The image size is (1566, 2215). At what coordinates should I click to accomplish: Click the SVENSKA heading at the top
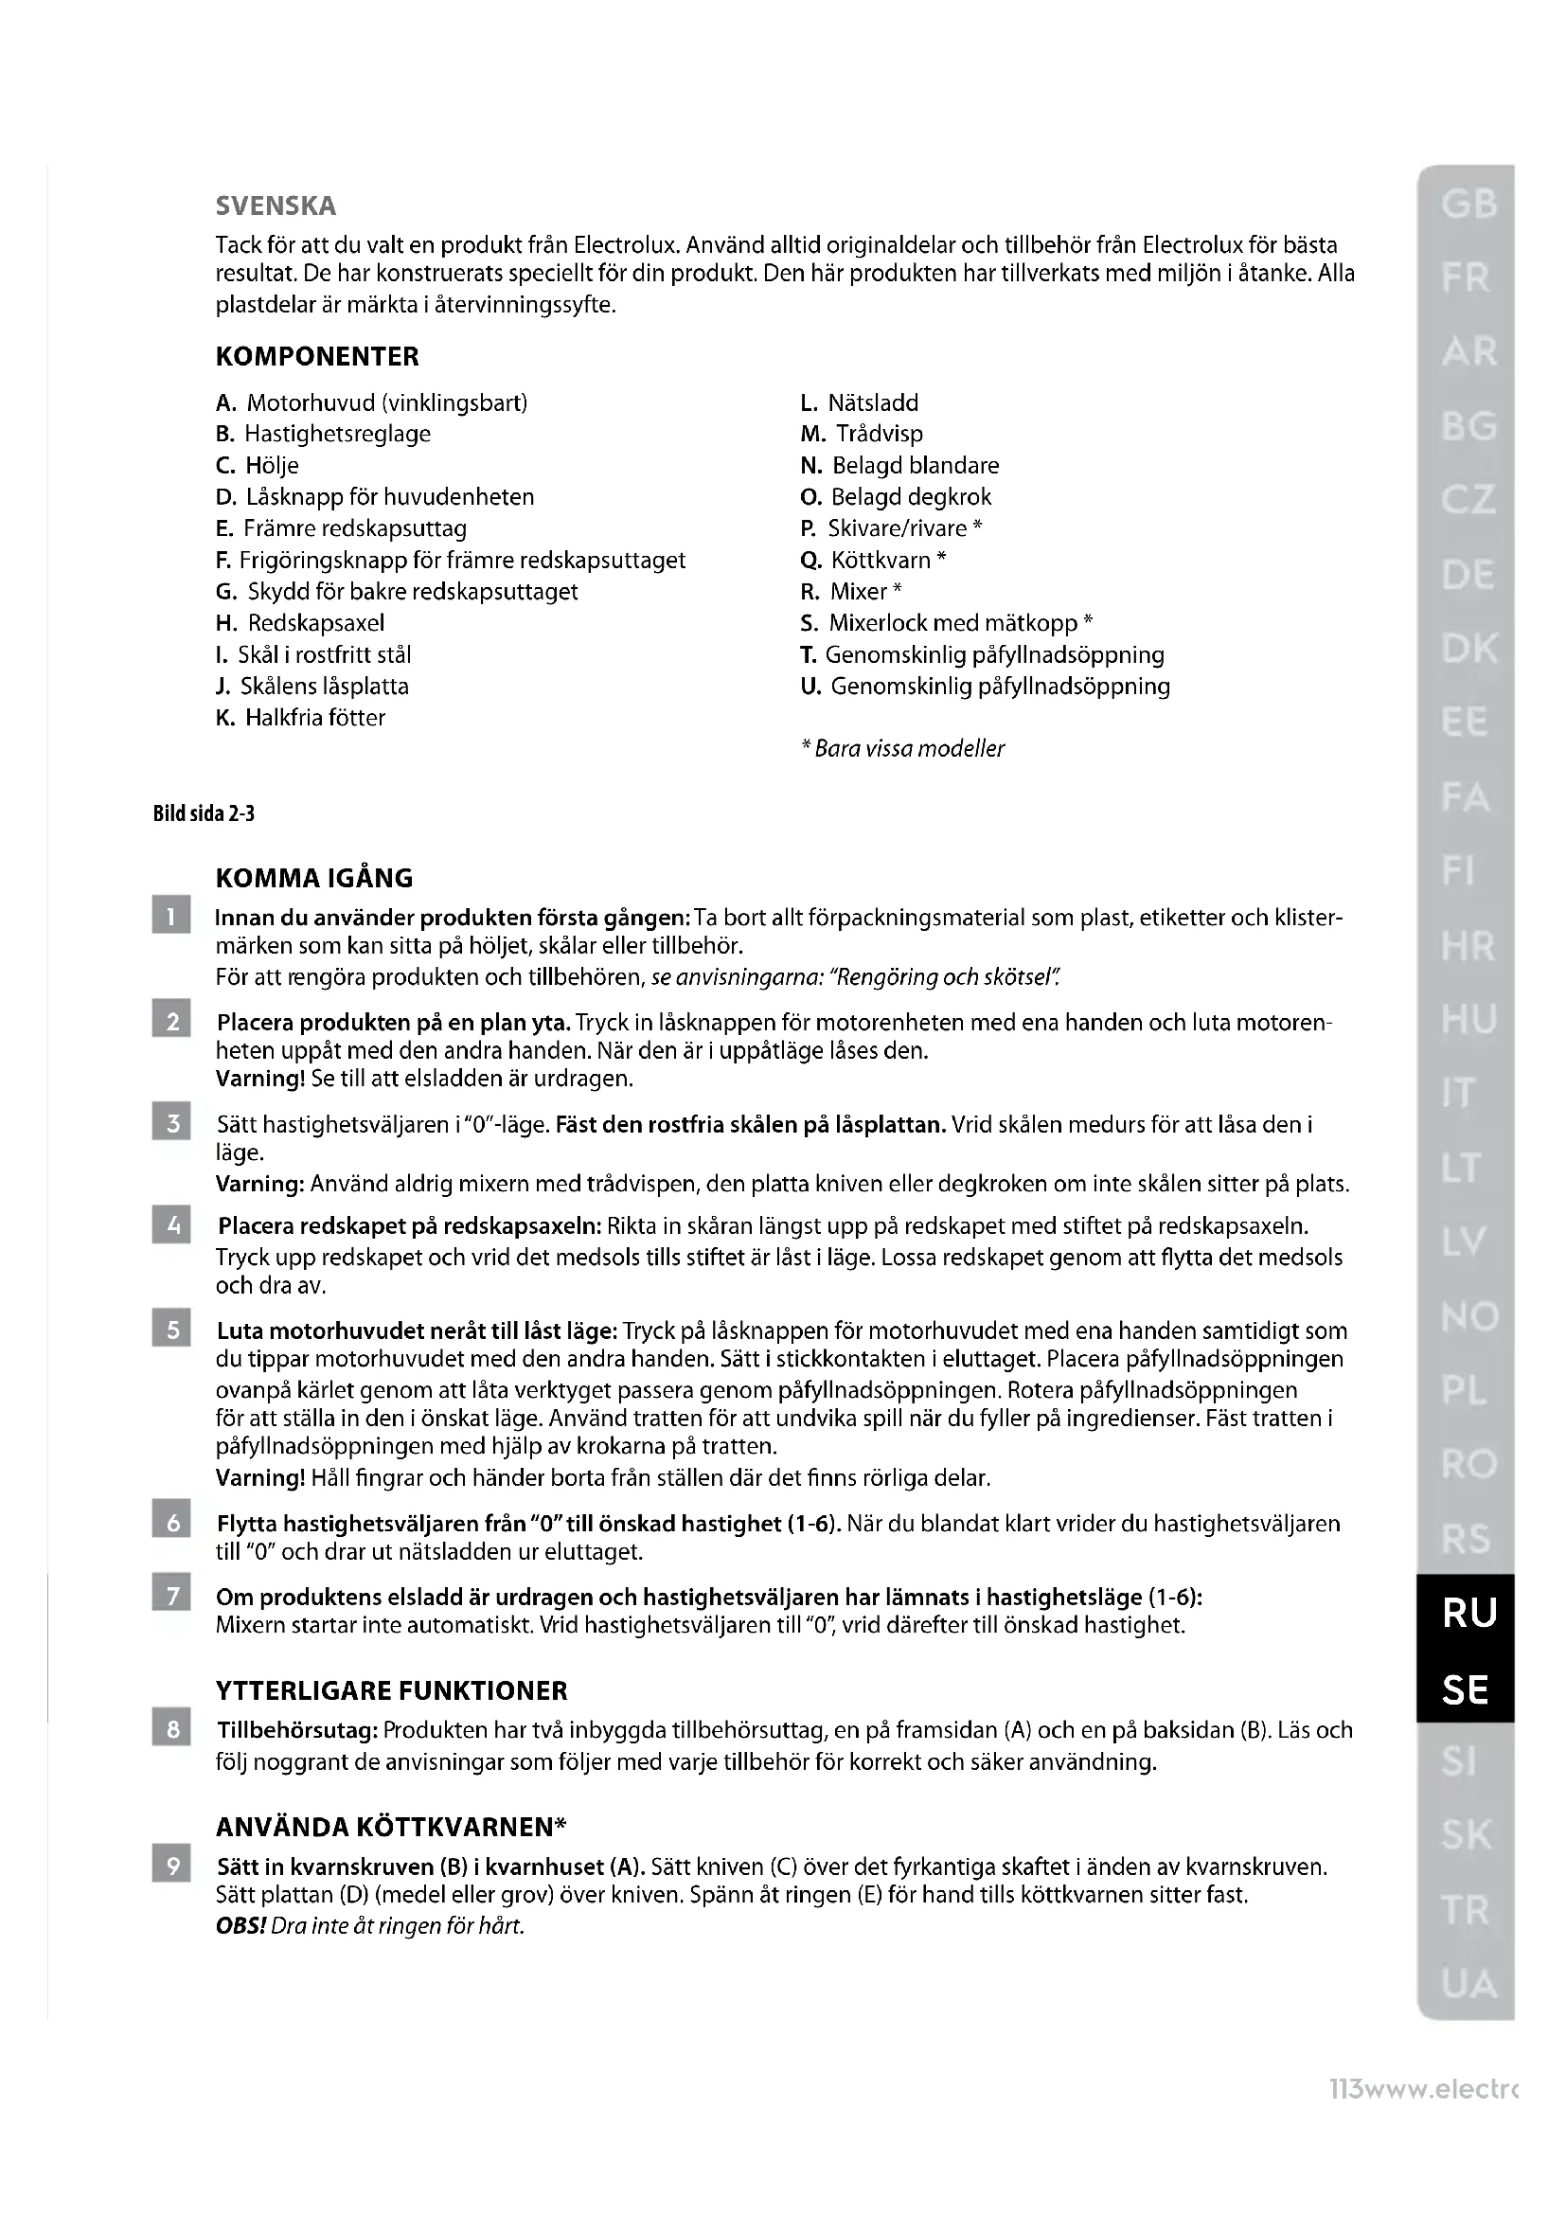[x=276, y=205]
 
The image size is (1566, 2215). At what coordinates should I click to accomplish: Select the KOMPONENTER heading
[x=317, y=356]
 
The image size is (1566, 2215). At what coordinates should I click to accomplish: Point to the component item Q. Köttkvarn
[x=873, y=561]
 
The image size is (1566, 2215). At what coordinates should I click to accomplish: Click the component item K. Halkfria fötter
[x=300, y=718]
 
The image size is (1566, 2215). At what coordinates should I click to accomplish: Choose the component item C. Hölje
[x=258, y=466]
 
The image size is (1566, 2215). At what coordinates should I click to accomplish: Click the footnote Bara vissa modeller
[x=903, y=749]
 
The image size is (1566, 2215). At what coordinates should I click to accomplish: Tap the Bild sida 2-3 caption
[x=204, y=813]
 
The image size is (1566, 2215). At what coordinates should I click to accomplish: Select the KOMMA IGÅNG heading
[x=314, y=878]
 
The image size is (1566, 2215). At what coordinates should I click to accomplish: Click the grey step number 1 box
[x=171, y=917]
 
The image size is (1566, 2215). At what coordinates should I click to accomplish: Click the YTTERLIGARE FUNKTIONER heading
[x=392, y=1690]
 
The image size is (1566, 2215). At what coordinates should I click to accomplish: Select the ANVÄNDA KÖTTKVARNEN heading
[x=390, y=1827]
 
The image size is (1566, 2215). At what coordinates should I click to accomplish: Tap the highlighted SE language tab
[x=1465, y=1689]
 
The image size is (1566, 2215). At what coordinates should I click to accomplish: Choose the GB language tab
[x=1468, y=204]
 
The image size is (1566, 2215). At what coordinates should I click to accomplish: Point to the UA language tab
[x=1468, y=1984]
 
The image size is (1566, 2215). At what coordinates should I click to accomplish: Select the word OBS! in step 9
[x=241, y=1926]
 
